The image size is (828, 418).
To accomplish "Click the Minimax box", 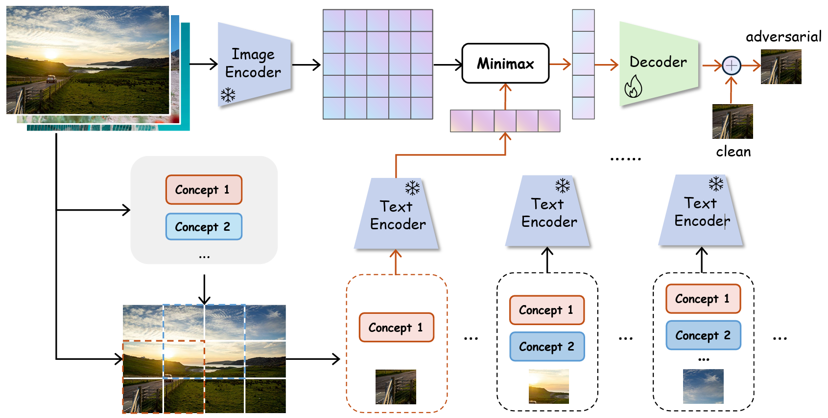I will click(x=505, y=64).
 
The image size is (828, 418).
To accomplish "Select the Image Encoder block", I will click(x=254, y=64).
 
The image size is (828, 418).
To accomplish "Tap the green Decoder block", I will click(x=658, y=64).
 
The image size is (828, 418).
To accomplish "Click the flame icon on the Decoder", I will click(x=633, y=87).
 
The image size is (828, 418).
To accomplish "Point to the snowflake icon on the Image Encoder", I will click(x=228, y=94).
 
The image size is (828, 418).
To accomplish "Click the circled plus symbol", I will click(x=731, y=65).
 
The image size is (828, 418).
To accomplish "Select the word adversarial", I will click(x=783, y=37).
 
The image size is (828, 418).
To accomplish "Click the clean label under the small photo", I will click(x=733, y=152).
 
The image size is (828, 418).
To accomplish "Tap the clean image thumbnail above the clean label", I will click(x=733, y=121).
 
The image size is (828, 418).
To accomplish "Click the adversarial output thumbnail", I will click(x=781, y=67).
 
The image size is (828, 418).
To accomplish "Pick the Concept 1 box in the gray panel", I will click(x=204, y=190).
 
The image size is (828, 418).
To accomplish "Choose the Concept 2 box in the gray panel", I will click(x=204, y=227).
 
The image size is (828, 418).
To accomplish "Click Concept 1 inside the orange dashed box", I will click(x=396, y=328).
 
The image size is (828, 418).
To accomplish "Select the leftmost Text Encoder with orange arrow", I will click(x=397, y=215).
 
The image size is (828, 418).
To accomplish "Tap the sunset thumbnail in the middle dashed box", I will click(x=549, y=386).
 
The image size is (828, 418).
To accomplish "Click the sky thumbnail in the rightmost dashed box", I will click(x=703, y=386).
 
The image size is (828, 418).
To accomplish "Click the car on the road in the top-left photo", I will click(x=51, y=79).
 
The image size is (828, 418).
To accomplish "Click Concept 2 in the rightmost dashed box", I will click(x=703, y=335).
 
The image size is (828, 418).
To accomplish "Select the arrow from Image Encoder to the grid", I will click(x=307, y=64).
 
